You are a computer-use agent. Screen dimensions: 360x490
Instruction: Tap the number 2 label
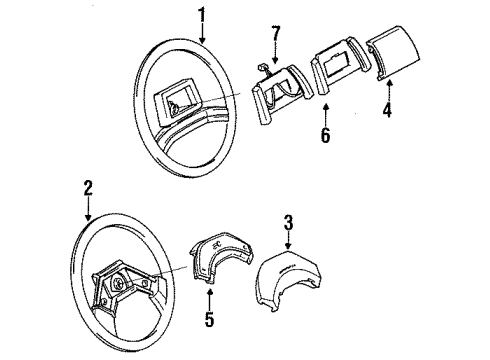(88, 187)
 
